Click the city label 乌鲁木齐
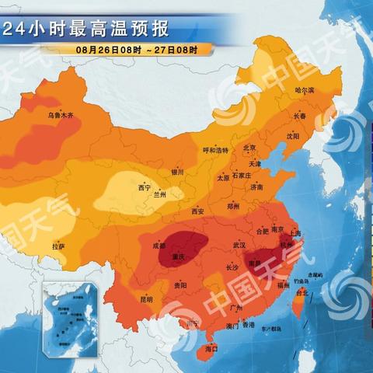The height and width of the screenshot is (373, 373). pyautogui.click(x=60, y=116)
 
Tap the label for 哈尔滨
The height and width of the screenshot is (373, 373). pyautogui.click(x=305, y=91)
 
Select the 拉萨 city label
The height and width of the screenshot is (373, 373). pyautogui.click(x=58, y=246)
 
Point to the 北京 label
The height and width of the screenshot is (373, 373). pyautogui.click(x=250, y=148)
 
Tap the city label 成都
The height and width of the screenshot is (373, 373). pyautogui.click(x=159, y=246)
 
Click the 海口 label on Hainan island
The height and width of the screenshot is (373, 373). pyautogui.click(x=211, y=350)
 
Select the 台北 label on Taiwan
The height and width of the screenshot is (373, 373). pyautogui.click(x=302, y=293)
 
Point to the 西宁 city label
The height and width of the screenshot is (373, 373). pyautogui.click(x=145, y=187)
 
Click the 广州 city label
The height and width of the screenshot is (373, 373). pyautogui.click(x=238, y=308)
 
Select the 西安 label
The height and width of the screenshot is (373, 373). pyautogui.click(x=197, y=211)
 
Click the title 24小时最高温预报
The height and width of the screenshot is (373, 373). pyautogui.click(x=85, y=30)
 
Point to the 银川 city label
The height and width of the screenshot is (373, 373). pyautogui.click(x=177, y=173)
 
